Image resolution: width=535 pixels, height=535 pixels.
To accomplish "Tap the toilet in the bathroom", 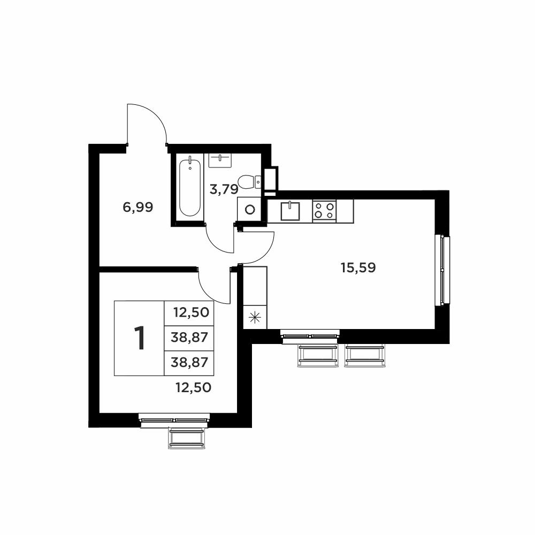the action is click(x=249, y=181).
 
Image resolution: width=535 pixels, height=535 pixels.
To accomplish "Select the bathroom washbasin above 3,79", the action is click(x=220, y=160).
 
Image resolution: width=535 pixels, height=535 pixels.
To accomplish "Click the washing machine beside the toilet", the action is click(x=249, y=209).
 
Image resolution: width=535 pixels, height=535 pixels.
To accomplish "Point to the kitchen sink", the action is click(x=290, y=211).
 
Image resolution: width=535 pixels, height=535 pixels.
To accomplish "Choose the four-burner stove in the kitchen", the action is click(x=325, y=210).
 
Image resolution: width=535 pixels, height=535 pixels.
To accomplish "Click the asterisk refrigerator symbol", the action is click(x=255, y=318).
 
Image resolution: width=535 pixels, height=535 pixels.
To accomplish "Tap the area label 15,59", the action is click(x=358, y=268).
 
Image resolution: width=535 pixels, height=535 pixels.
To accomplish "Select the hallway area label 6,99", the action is click(x=138, y=207).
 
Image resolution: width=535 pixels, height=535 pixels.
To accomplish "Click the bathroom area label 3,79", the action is click(x=224, y=189).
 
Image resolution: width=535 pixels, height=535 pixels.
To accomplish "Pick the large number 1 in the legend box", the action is click(x=140, y=338).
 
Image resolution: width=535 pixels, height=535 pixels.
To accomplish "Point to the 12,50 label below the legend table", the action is click(x=194, y=387).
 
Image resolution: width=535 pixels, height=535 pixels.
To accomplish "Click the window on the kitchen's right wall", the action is click(x=442, y=270).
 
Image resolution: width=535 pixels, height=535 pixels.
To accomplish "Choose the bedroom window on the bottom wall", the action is click(x=175, y=421).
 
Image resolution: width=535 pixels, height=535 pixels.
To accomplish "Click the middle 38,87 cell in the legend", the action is click(x=189, y=338).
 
